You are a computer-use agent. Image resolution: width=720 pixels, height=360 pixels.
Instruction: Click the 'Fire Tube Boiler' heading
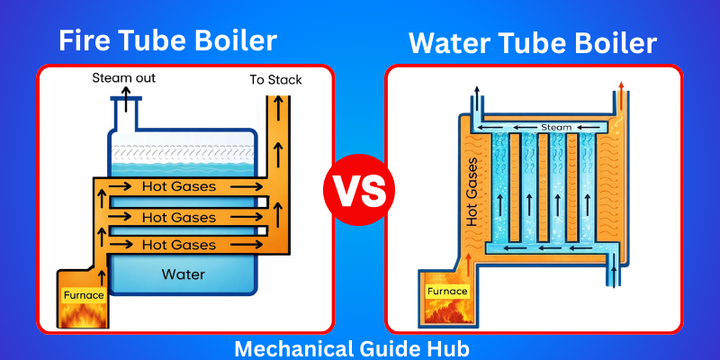167,40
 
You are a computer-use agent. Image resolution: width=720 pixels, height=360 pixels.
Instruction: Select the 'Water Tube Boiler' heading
533,42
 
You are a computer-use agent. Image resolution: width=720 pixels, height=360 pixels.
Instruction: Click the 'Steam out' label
124,78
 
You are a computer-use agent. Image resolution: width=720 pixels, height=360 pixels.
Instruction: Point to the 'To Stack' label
275,80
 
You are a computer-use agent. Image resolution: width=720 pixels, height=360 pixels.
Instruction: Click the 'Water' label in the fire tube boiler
183,274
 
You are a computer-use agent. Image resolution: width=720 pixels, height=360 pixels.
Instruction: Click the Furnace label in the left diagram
83,293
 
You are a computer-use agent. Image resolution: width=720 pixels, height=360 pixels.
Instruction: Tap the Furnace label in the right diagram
447,291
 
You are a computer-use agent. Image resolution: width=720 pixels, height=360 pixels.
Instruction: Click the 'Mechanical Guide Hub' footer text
360,346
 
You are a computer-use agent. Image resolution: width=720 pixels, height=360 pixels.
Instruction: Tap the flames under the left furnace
83,315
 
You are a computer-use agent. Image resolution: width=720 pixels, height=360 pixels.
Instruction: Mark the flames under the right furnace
447,311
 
